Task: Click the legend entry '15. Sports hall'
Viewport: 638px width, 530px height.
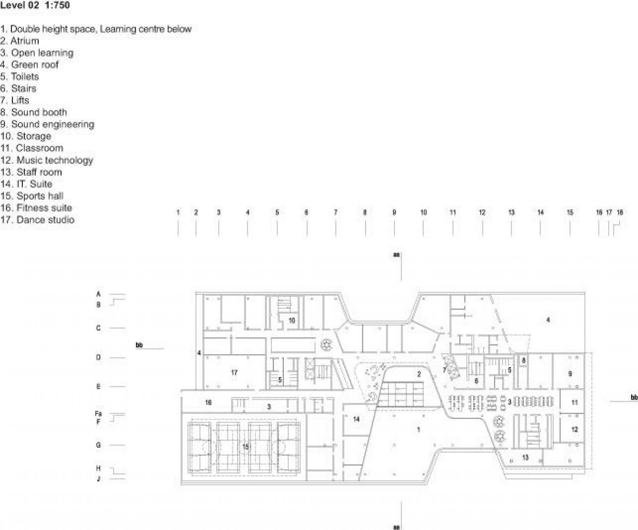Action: click(32, 196)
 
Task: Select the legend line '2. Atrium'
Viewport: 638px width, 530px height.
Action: click(20, 41)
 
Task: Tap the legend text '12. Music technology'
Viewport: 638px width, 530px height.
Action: click(47, 160)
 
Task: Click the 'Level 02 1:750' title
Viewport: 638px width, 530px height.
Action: click(35, 5)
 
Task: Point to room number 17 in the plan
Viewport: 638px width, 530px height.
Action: click(234, 373)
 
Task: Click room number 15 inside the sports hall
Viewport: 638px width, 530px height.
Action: click(245, 447)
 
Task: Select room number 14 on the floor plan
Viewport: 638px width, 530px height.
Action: click(356, 419)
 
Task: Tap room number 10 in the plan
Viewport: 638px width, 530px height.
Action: click(292, 320)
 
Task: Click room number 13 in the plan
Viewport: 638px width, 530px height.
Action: click(525, 457)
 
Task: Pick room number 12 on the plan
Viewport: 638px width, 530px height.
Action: click(574, 429)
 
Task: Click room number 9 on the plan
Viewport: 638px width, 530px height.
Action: click(570, 374)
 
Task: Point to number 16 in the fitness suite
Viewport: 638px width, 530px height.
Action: click(208, 402)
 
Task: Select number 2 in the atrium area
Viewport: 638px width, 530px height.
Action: click(419, 374)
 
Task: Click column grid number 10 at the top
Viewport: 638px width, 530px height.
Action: click(423, 212)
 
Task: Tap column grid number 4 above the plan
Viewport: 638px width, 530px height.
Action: click(248, 212)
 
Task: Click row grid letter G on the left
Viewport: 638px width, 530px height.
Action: click(98, 445)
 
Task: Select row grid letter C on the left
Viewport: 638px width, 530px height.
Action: click(98, 328)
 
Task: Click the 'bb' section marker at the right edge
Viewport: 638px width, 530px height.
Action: click(634, 397)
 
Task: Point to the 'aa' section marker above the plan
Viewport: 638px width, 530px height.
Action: click(396, 255)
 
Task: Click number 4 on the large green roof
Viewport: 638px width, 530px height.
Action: click(548, 320)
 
